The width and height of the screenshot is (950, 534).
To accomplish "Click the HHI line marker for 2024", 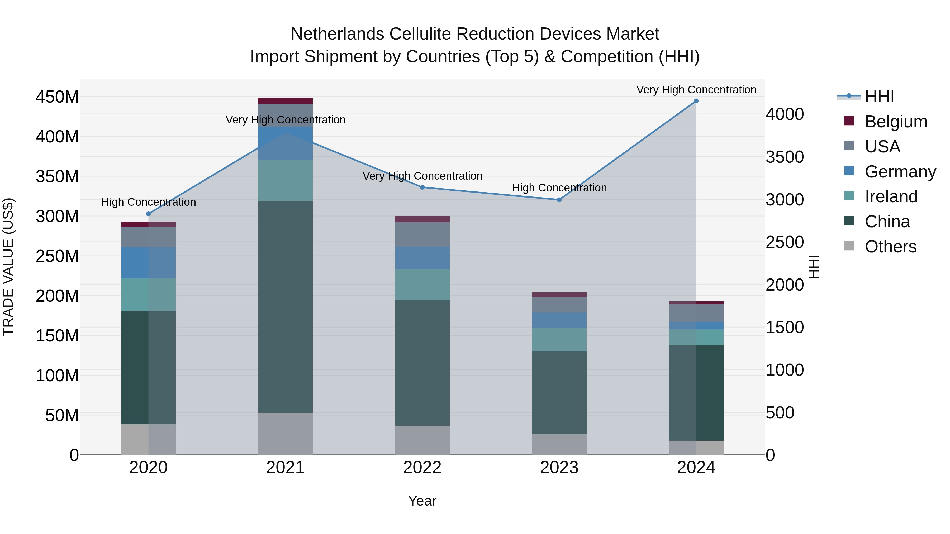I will [696, 101].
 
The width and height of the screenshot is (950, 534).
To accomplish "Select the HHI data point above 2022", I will [422, 187].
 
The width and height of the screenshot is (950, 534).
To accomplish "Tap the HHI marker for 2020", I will [149, 214].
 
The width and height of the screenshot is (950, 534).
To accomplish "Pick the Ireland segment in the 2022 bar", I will [422, 285].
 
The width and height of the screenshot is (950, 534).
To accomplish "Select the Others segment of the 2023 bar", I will [559, 444].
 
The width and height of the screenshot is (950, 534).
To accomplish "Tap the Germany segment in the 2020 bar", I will [149, 263].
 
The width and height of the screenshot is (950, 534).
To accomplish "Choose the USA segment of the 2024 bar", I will [696, 313].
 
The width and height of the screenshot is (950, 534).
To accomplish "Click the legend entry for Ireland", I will [891, 196].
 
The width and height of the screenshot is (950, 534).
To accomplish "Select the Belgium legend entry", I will [895, 122].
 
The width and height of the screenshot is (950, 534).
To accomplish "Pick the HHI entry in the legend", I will [879, 97].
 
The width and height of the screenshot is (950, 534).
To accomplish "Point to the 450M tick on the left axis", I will [57, 97].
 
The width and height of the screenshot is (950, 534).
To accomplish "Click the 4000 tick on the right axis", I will [785, 114].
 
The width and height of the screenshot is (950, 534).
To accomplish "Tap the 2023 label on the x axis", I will [559, 468].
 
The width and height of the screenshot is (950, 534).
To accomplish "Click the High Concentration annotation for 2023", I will [559, 188].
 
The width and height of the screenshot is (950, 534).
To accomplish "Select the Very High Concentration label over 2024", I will [696, 90].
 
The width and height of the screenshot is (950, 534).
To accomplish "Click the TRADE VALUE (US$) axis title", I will [8, 267].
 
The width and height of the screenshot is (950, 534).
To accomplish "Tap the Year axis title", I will [422, 501].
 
